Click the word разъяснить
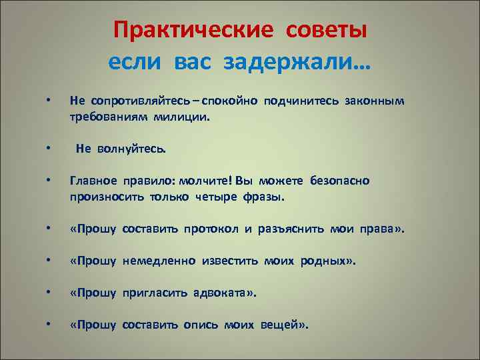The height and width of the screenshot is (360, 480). pyautogui.click(x=289, y=230)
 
